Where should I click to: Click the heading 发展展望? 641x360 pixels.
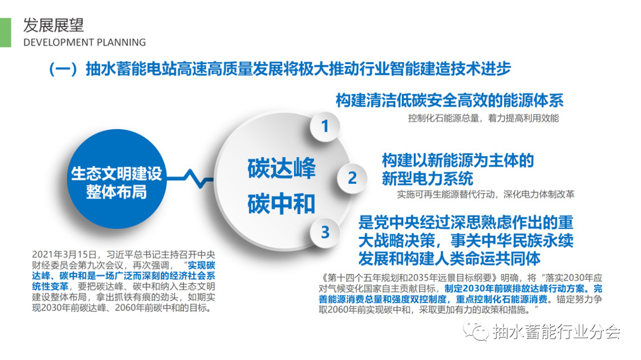click(x=54, y=25)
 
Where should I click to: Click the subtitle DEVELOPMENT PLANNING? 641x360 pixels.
click(x=85, y=42)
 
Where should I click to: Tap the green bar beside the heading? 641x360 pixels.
click(x=6, y=32)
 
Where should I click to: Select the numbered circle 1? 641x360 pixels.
click(x=325, y=126)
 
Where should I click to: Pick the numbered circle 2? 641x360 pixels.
click(x=352, y=178)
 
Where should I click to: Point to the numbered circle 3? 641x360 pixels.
click(x=325, y=232)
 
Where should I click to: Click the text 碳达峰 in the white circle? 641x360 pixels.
click(x=281, y=168)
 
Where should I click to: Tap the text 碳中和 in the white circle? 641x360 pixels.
click(x=281, y=204)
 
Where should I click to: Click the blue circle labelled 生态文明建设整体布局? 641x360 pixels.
click(x=117, y=179)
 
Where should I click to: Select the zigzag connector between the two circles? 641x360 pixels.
click(x=191, y=179)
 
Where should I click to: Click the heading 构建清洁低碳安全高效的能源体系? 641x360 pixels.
click(x=450, y=100)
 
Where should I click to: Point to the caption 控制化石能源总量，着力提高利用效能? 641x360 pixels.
click(x=483, y=118)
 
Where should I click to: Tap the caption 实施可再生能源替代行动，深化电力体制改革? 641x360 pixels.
click(x=485, y=194)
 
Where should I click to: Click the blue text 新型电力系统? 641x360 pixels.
click(x=428, y=179)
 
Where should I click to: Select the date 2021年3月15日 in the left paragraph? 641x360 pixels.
click(x=64, y=255)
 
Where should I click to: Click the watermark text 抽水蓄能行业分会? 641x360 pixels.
click(x=557, y=332)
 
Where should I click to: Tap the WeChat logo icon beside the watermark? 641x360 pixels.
click(x=476, y=331)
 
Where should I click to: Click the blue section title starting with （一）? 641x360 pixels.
click(x=279, y=69)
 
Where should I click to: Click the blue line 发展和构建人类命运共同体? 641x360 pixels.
click(x=449, y=259)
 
